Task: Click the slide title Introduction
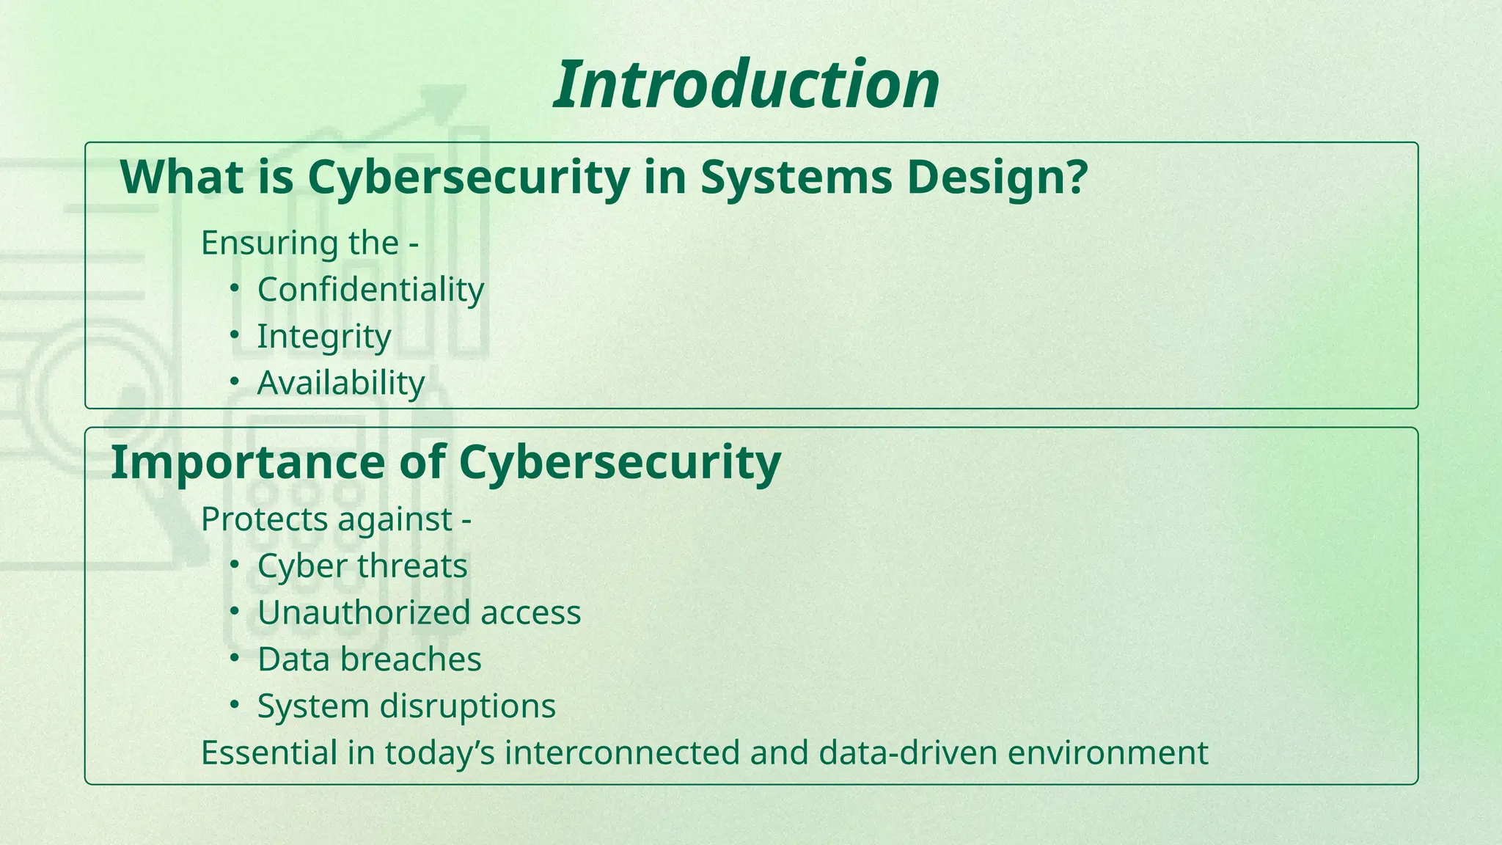click(x=746, y=85)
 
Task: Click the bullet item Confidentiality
click(x=370, y=290)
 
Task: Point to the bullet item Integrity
click(x=324, y=337)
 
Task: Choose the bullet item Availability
click(x=341, y=383)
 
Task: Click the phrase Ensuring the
click(x=301, y=243)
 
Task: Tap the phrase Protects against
click(x=327, y=519)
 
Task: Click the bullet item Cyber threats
click(x=362, y=566)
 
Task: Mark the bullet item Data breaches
click(x=369, y=659)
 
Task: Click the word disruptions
click(x=467, y=706)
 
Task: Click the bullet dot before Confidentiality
click(x=234, y=288)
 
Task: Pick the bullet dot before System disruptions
click(x=234, y=704)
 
